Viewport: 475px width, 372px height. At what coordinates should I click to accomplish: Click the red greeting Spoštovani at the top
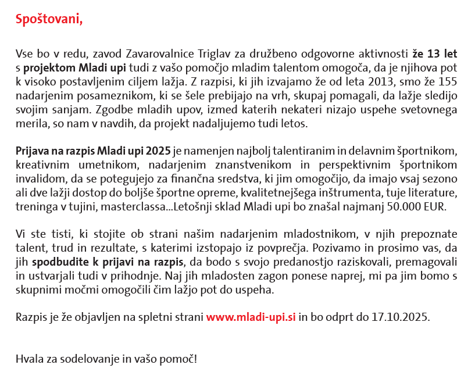coord(49,20)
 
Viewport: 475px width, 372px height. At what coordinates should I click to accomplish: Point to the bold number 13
coord(433,55)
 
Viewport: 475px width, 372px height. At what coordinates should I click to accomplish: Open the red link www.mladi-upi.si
coord(251,317)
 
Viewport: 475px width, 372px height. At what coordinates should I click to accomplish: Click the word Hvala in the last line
coord(28,358)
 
